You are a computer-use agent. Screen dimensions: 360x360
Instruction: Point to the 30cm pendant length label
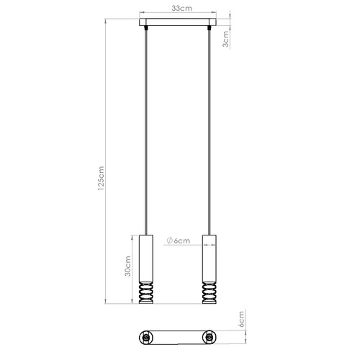tap(127, 268)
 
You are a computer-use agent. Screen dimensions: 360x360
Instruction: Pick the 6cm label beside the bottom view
tap(243, 320)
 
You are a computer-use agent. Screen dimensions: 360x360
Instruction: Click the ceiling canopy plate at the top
tap(179, 22)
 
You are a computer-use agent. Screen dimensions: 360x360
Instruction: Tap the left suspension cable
tap(148, 130)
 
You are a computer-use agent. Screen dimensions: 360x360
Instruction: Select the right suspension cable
tap(210, 130)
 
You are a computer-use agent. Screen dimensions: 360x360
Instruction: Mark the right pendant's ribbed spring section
tap(210, 292)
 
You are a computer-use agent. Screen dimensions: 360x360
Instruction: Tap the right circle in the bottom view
tap(210, 336)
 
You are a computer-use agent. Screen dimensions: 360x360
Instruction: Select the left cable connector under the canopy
tap(148, 29)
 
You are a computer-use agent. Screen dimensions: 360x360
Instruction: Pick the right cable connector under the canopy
tap(210, 29)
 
